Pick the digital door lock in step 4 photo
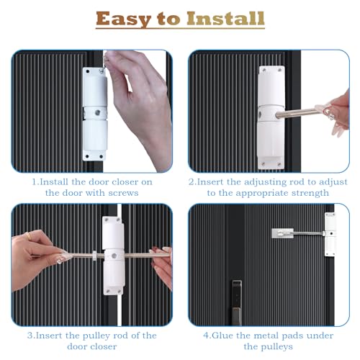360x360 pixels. pos(235,288)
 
